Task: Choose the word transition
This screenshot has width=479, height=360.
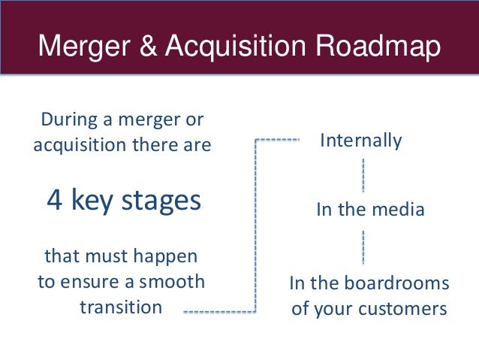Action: [x=120, y=307]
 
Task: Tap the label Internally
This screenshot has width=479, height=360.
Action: [x=361, y=141]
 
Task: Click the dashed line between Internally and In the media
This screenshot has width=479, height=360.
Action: [x=364, y=175]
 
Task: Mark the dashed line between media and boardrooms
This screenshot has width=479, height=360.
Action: [x=364, y=247]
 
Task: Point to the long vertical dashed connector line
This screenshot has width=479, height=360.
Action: [x=256, y=225]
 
